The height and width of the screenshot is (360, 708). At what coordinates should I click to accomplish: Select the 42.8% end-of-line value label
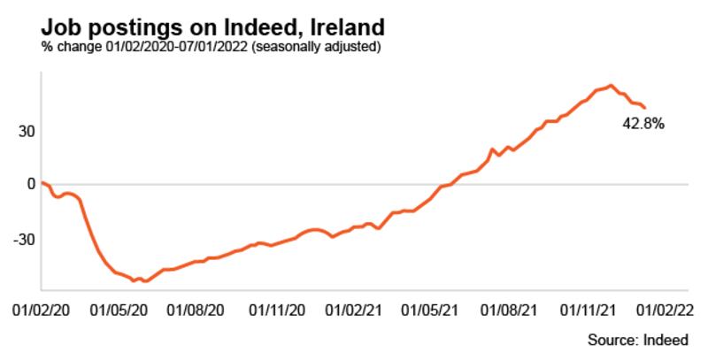pyautogui.click(x=643, y=125)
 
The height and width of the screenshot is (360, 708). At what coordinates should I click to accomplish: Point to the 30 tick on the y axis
pyautogui.click(x=26, y=131)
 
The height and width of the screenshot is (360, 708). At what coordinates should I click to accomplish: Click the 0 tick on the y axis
pyautogui.click(x=30, y=185)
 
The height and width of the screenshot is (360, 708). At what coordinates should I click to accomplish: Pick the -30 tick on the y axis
pyautogui.click(x=23, y=239)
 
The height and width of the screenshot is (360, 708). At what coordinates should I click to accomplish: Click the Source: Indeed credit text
pyautogui.click(x=643, y=341)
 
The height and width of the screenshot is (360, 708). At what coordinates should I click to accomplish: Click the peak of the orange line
pyautogui.click(x=612, y=86)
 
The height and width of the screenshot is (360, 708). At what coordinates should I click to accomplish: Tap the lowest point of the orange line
pyautogui.click(x=144, y=281)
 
